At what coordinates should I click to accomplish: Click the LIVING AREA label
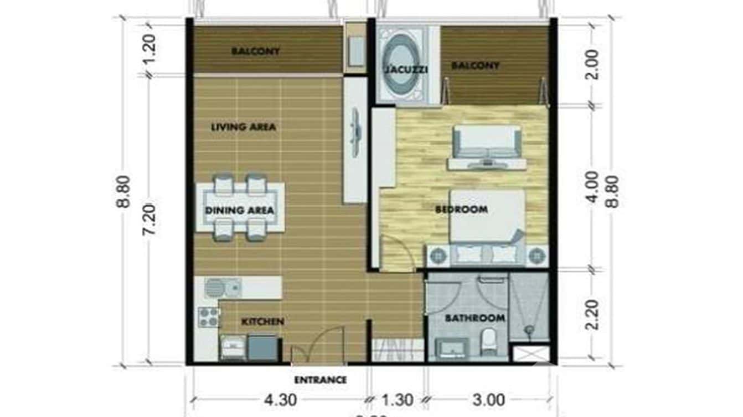coord(243,127)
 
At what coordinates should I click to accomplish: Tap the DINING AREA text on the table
coord(239,210)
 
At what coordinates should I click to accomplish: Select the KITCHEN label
coord(262,321)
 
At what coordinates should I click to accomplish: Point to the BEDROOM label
coord(461,210)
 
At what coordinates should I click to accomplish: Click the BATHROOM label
coord(475,318)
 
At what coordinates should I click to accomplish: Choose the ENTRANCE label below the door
coord(320,380)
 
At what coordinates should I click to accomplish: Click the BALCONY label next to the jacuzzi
coord(475,66)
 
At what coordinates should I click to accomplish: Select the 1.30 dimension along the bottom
coord(396,399)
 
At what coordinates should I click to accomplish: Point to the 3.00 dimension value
coord(489,399)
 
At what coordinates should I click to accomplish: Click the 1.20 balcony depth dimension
coord(149,50)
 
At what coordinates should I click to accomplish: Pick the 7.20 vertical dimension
coord(149,220)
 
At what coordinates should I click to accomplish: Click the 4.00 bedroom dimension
coord(592,187)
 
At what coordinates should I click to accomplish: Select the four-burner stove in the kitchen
coord(209,317)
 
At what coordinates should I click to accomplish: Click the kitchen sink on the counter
coord(222,288)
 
